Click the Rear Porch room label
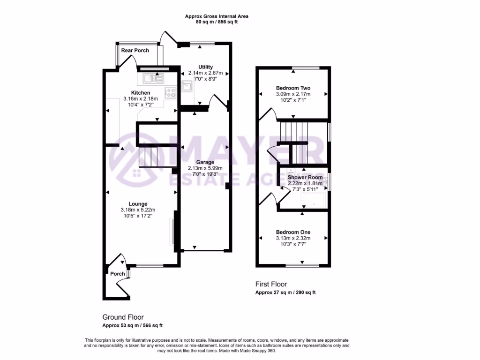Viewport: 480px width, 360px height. [x=135, y=50]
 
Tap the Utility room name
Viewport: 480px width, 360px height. [x=205, y=67]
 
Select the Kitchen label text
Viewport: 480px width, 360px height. [x=141, y=93]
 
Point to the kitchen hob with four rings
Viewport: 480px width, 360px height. [x=170, y=92]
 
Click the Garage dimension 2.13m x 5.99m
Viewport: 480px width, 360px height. [x=205, y=168]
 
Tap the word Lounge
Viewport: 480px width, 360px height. [x=138, y=204]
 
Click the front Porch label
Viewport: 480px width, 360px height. [x=118, y=274]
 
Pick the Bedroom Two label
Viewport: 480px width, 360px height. [x=293, y=88]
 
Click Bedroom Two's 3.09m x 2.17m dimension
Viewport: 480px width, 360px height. [x=293, y=94]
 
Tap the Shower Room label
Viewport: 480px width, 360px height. [x=305, y=177]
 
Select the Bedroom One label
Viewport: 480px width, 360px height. [x=293, y=232]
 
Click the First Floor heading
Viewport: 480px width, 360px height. [x=271, y=284]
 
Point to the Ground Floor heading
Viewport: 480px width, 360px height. [x=123, y=317]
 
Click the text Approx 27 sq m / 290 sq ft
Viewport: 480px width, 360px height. [x=285, y=292]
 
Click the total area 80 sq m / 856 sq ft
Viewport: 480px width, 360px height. [x=217, y=22]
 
